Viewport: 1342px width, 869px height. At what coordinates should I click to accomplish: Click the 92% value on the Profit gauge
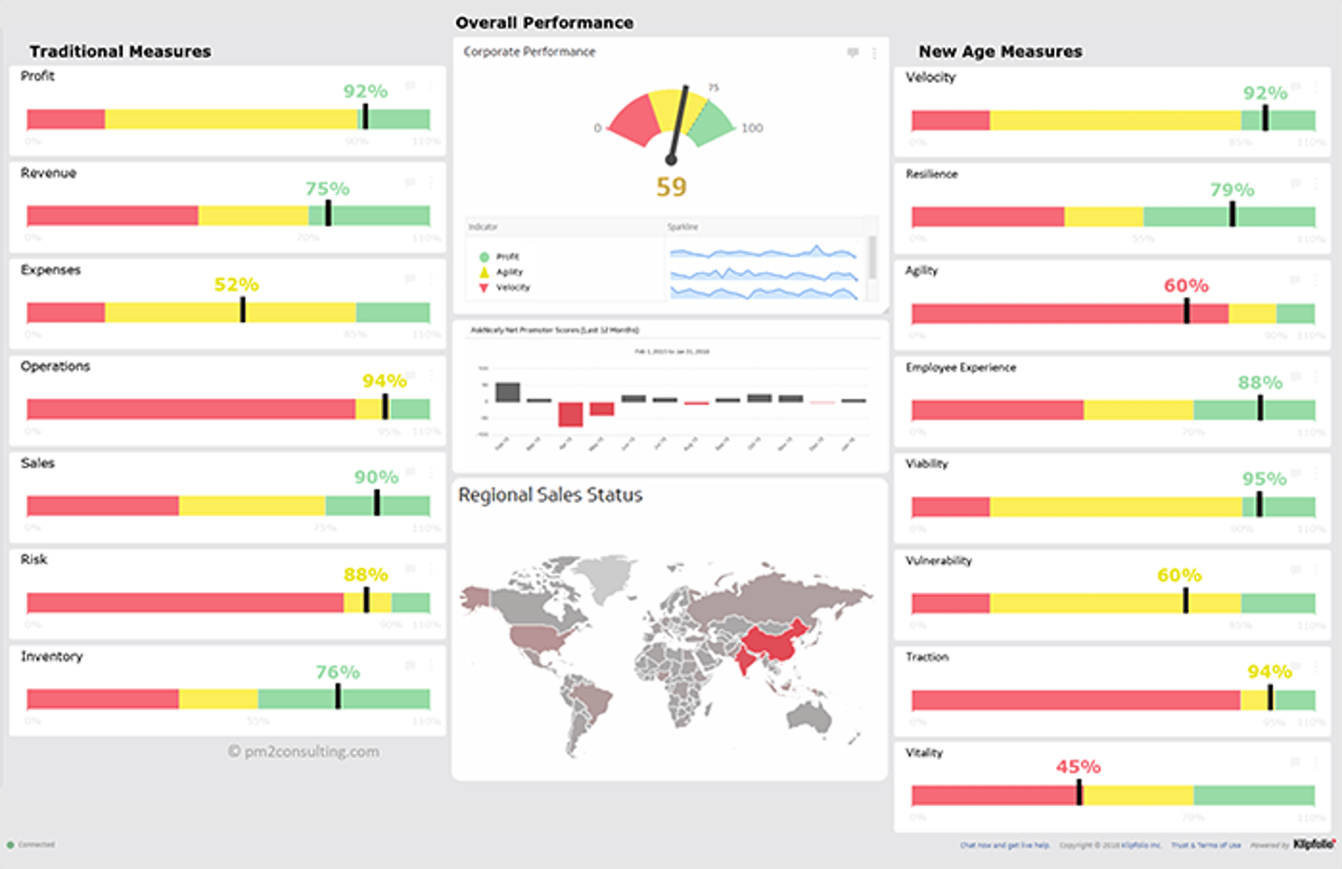tap(365, 92)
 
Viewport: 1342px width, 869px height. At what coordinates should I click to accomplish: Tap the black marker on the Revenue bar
tap(328, 213)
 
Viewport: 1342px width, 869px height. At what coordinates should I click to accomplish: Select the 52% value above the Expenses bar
tap(236, 285)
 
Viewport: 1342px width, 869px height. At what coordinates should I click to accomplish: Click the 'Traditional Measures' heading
tap(120, 51)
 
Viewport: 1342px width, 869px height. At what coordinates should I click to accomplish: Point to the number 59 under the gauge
tap(671, 187)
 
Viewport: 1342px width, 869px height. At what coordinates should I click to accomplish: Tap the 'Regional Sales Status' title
tap(550, 495)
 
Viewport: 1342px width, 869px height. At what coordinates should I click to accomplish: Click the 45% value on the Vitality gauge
tap(1078, 767)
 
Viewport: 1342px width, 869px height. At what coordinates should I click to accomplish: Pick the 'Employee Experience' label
tap(961, 368)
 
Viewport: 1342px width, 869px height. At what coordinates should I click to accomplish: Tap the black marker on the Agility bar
tap(1187, 311)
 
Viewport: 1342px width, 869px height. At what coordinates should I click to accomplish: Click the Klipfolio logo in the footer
tap(1314, 844)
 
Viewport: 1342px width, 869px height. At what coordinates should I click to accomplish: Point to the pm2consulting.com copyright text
tap(303, 752)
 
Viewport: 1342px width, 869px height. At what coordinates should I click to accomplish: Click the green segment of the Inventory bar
tap(386, 698)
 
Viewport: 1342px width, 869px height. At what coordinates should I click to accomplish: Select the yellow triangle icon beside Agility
tap(484, 272)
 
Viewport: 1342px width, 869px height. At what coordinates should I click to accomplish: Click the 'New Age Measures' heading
tap(1000, 51)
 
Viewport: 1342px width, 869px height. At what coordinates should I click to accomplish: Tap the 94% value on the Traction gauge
tap(1269, 672)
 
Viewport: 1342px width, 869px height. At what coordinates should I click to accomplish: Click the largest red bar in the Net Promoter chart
tap(570, 414)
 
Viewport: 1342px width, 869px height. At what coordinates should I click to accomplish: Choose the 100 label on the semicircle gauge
tap(751, 128)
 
